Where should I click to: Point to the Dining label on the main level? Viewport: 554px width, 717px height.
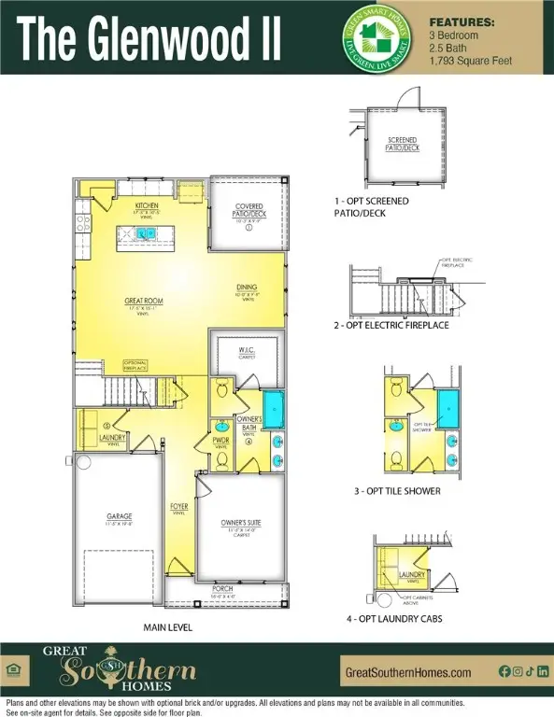tap(247, 288)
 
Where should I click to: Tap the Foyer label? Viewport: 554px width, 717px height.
tap(178, 508)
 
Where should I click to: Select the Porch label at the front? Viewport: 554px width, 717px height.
tap(222, 589)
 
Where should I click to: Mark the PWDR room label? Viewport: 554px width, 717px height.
tap(221, 441)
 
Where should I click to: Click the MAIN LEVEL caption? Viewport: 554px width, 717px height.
tap(168, 627)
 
